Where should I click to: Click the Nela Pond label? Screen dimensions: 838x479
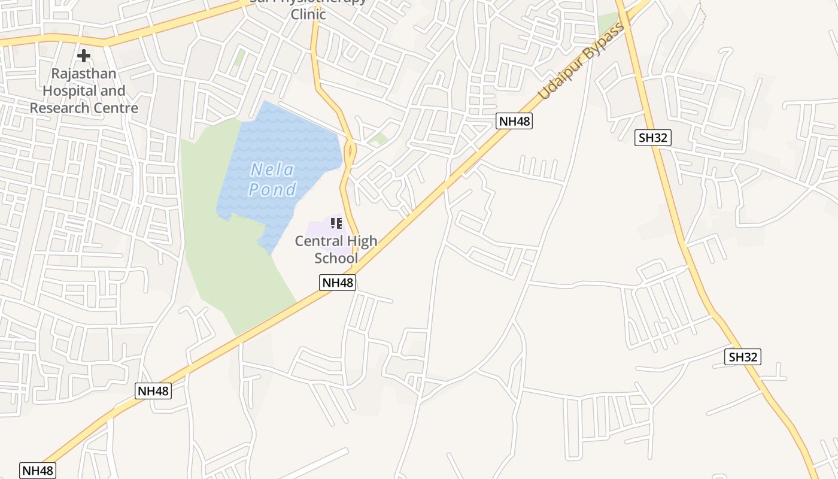(x=273, y=180)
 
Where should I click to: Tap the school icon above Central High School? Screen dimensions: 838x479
(x=336, y=223)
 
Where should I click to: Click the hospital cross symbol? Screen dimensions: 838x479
(x=84, y=56)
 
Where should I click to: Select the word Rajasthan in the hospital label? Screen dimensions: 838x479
(x=84, y=74)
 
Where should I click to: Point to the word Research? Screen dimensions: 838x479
(x=56, y=108)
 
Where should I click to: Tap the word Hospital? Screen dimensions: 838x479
(x=66, y=91)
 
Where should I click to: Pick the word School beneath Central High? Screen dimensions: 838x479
(x=336, y=258)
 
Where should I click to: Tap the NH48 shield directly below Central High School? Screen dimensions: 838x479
(x=338, y=283)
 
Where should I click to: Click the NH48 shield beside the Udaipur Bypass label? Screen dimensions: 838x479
(x=514, y=121)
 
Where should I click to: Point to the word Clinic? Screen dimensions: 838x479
(x=308, y=14)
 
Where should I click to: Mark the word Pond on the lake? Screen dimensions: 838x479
(x=273, y=190)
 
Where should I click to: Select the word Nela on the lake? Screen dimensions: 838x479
(x=273, y=170)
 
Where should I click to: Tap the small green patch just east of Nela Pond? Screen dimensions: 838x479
(x=378, y=140)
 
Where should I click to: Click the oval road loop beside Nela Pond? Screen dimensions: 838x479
(x=350, y=150)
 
